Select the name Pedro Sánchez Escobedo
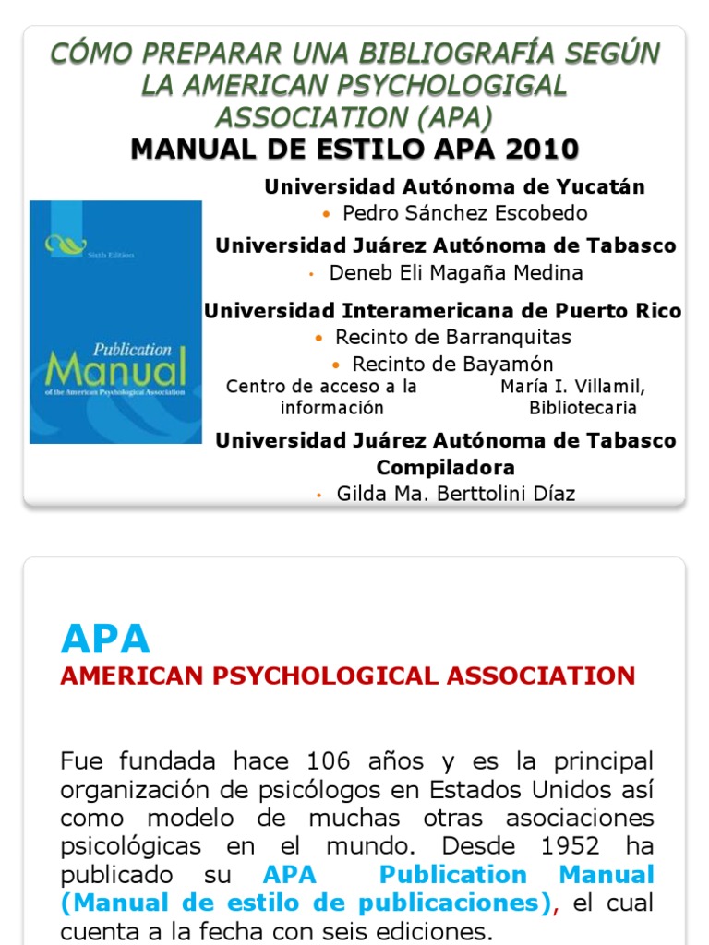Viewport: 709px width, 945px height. [x=465, y=213]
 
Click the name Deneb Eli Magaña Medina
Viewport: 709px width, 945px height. [x=456, y=273]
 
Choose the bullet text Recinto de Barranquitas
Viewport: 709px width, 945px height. [x=453, y=337]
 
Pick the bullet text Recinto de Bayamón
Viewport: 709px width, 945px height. [x=453, y=364]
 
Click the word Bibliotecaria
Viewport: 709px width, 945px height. [x=583, y=408]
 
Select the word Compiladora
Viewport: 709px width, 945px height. [x=446, y=467]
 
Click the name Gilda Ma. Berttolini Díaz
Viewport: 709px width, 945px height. [x=456, y=494]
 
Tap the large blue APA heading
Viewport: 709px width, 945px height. [x=105, y=639]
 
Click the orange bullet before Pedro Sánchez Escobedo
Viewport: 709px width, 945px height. [x=327, y=214]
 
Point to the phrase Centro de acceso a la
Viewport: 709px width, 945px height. [x=321, y=387]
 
